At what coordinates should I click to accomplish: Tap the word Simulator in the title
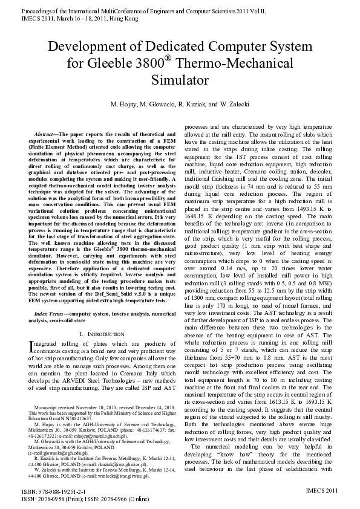180,79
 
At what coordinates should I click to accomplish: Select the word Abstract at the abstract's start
44,132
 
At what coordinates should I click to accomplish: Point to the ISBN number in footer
46,493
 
